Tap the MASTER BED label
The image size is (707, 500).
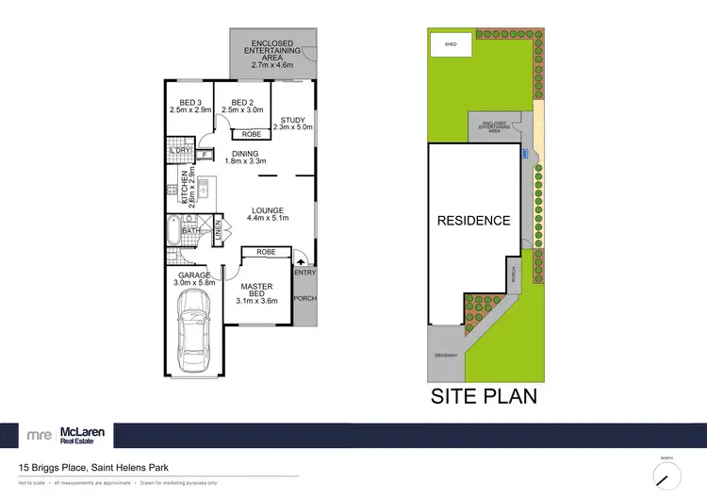click(257, 292)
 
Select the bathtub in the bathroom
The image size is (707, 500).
click(173, 230)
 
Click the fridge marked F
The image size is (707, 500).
click(204, 154)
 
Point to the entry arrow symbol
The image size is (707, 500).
click(301, 256)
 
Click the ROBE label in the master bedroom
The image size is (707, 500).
click(266, 253)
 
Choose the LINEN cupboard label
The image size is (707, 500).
click(217, 231)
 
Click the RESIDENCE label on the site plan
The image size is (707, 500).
click(473, 222)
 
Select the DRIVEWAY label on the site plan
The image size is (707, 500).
click(445, 357)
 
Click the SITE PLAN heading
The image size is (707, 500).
click(484, 395)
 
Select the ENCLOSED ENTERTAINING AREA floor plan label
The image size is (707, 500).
click(271, 55)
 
